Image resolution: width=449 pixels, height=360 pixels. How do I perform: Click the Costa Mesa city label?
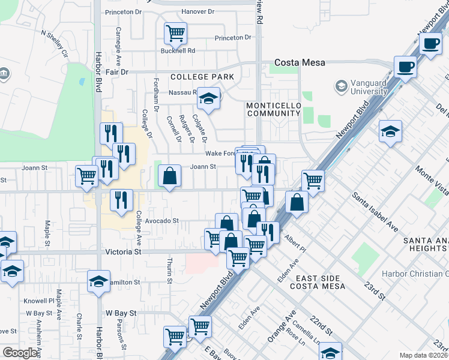300,62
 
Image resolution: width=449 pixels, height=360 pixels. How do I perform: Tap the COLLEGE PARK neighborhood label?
202,77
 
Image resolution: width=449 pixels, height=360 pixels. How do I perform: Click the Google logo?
20,353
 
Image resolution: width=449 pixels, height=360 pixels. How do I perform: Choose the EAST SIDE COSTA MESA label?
321,282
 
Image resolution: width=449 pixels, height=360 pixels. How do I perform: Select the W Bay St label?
121,313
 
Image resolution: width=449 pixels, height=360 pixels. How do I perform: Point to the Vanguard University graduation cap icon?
342,86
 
